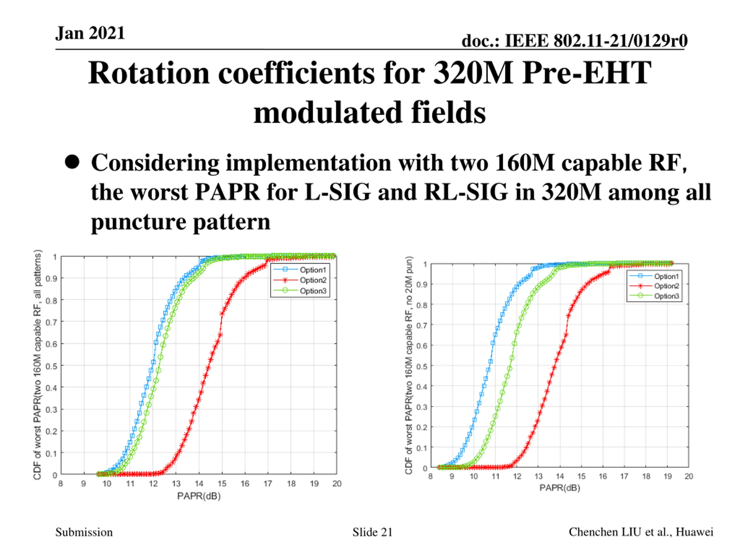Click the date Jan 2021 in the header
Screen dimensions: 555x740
tap(90, 34)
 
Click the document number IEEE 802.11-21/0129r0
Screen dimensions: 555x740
tap(574, 41)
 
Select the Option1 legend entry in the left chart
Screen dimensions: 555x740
tap(312, 270)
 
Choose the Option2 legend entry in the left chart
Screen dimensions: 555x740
tap(312, 280)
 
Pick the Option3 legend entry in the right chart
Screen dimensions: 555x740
tap(666, 296)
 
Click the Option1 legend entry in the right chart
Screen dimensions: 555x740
tap(666, 276)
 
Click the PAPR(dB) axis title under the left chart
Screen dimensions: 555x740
tap(199, 496)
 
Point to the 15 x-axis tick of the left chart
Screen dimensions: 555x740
tap(222, 483)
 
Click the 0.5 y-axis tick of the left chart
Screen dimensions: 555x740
tap(51, 366)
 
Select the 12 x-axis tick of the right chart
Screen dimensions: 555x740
tap(517, 476)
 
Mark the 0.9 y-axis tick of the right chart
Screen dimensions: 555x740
tap(421, 285)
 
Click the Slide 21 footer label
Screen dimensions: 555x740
tap(372, 532)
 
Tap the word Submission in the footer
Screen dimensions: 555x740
tap(84, 532)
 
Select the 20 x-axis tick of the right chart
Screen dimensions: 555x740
tap(689, 476)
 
